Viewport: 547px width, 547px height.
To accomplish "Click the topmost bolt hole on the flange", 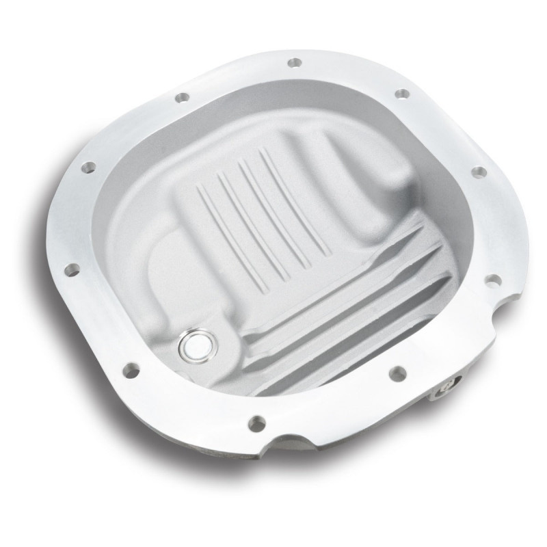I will point(294,62).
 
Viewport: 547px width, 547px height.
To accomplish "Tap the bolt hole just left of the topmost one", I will point(182,98).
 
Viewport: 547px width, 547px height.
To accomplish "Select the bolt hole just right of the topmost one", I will point(403,93).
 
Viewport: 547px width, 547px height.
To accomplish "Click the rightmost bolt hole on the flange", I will point(491,280).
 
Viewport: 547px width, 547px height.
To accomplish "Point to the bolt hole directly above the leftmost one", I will point(89,167).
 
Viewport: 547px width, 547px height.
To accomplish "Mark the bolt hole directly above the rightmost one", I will point(479,171).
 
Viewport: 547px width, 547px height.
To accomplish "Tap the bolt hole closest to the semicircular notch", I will point(257,424).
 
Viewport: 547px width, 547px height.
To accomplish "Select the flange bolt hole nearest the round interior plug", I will point(130,371).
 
